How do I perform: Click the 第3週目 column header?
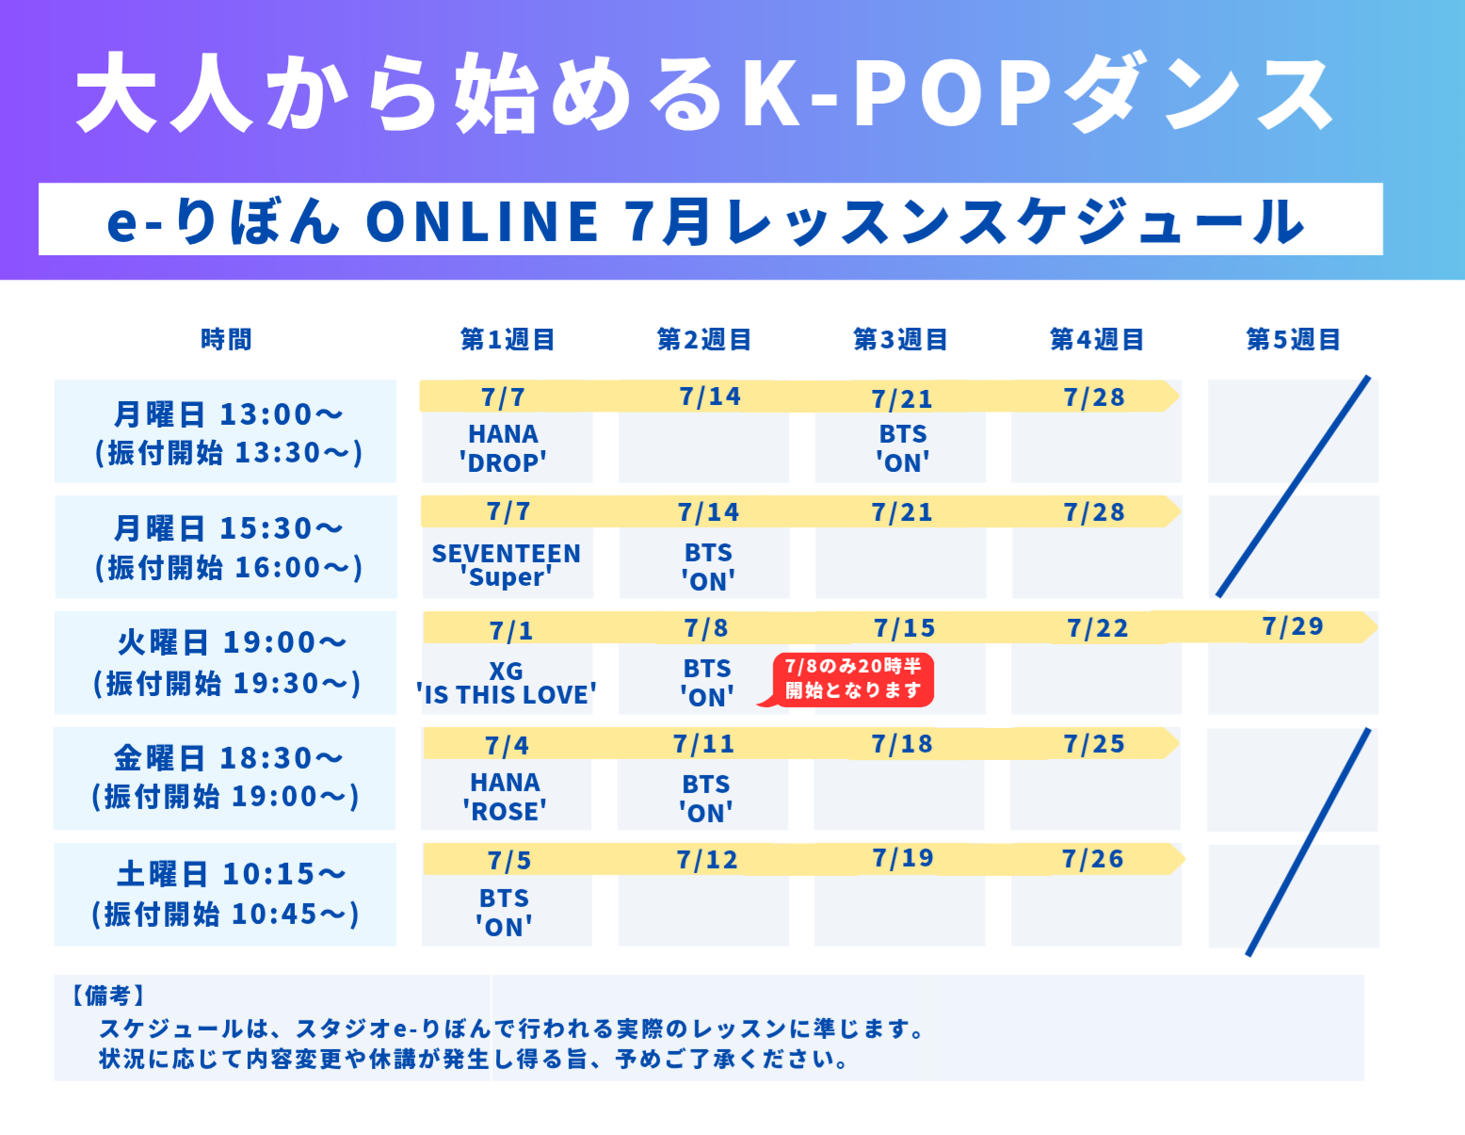click(900, 339)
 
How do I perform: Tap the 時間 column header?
click(226, 339)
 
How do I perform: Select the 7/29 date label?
click(1293, 626)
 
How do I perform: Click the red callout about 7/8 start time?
click(853, 679)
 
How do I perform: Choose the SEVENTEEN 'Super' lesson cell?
click(507, 565)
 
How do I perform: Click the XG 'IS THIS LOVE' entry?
click(507, 683)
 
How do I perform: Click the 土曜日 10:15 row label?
click(225, 894)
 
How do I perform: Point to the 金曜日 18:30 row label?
click(225, 777)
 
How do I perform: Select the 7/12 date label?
click(707, 860)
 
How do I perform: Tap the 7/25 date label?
click(1094, 744)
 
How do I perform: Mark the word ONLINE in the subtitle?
click(481, 221)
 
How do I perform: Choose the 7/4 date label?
click(507, 746)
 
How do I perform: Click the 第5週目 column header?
click(1293, 339)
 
